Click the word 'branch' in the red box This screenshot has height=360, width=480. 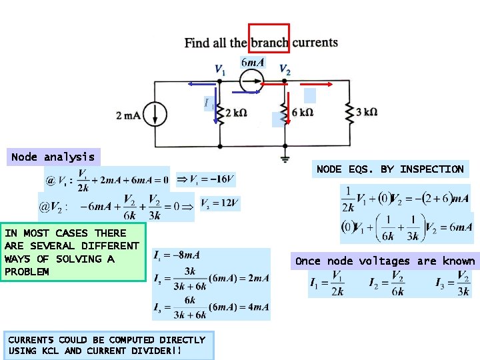point(269,43)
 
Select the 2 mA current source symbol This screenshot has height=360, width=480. point(157,114)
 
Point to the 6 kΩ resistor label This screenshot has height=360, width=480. point(302,113)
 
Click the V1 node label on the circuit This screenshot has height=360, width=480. point(219,69)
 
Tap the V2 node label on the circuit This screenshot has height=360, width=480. point(285,69)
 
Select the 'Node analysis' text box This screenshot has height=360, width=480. point(53,157)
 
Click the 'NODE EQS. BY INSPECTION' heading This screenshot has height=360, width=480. point(390,169)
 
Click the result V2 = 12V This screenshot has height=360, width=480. point(219,203)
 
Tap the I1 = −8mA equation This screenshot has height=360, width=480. point(177,255)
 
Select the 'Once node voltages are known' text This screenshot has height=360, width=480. point(385,261)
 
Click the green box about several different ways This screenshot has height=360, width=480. point(73,252)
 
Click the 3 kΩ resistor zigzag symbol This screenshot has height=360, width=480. point(349,113)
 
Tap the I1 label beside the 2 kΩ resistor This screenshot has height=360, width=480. point(209,103)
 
